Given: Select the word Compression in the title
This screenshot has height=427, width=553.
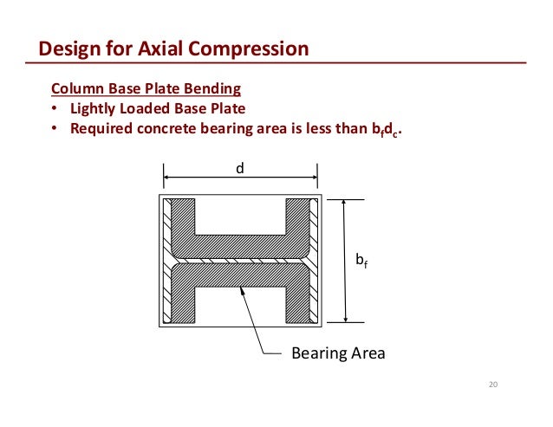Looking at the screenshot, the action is click(x=253, y=49).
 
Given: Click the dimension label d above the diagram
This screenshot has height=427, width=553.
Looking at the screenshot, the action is click(x=241, y=169).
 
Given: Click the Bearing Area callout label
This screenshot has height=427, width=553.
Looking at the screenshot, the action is click(x=338, y=354).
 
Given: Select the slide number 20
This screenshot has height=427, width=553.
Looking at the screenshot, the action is click(x=495, y=385).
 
